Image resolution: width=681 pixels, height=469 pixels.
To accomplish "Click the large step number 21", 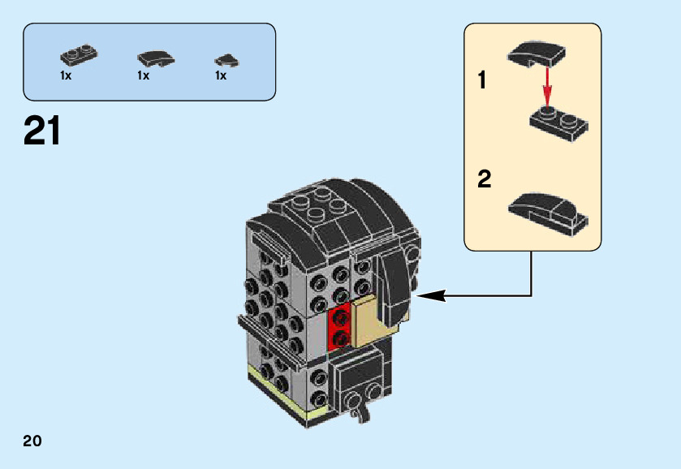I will click(43, 131).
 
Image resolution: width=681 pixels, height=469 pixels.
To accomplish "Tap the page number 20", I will click(32, 441).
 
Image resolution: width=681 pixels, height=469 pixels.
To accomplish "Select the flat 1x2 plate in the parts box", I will click(78, 56).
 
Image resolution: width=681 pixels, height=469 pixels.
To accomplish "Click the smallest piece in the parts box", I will click(224, 59).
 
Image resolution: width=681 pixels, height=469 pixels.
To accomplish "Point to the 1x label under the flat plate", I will click(66, 75).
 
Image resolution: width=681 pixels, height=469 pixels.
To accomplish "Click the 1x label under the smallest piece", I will click(221, 75).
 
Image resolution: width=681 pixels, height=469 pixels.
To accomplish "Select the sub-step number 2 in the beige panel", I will click(485, 179).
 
